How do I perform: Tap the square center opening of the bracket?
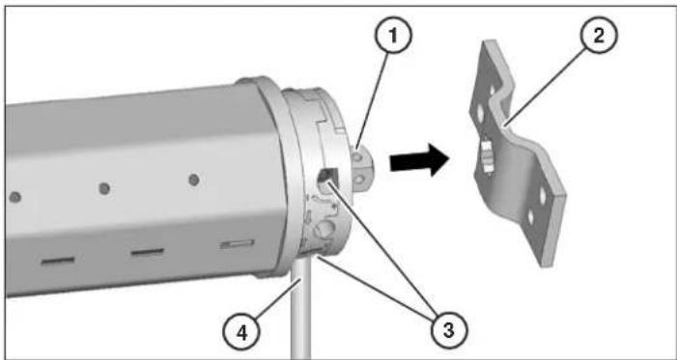[x=489, y=154]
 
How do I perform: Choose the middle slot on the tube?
[x=148, y=253]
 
